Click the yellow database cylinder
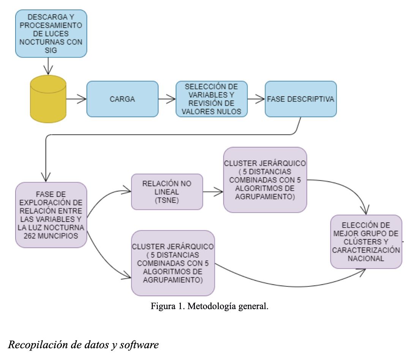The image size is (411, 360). pyautogui.click(x=48, y=99)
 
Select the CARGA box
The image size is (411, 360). pyautogui.click(x=122, y=99)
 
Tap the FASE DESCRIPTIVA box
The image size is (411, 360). pyautogui.click(x=300, y=99)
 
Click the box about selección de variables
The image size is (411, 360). pyautogui.click(x=212, y=99)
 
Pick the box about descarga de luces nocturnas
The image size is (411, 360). pyautogui.click(x=51, y=33)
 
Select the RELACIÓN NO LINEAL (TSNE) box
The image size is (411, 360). pyautogui.click(x=167, y=192)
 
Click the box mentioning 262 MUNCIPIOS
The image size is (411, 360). pyautogui.click(x=51, y=215)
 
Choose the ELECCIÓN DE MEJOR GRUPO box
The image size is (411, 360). pyautogui.click(x=366, y=242)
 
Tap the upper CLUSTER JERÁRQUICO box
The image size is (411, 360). pyautogui.click(x=265, y=180)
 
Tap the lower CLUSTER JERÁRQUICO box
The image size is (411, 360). pyautogui.click(x=173, y=263)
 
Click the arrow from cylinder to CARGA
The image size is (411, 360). pyautogui.click(x=76, y=99)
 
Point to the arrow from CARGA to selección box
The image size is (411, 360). pyautogui.click(x=167, y=99)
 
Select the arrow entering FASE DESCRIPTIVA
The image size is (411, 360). pyautogui.click(x=256, y=99)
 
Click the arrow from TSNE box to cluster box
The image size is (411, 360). pyautogui.click(x=213, y=192)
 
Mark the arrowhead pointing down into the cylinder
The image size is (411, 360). pyautogui.click(x=48, y=71)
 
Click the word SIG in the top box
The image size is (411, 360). pyautogui.click(x=51, y=50)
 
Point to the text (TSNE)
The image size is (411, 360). pyautogui.click(x=167, y=201)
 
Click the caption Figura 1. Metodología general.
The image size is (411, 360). pyautogui.click(x=209, y=306)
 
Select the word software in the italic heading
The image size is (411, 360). pyautogui.click(x=139, y=344)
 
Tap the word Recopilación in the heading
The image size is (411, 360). pyautogui.click(x=38, y=345)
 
